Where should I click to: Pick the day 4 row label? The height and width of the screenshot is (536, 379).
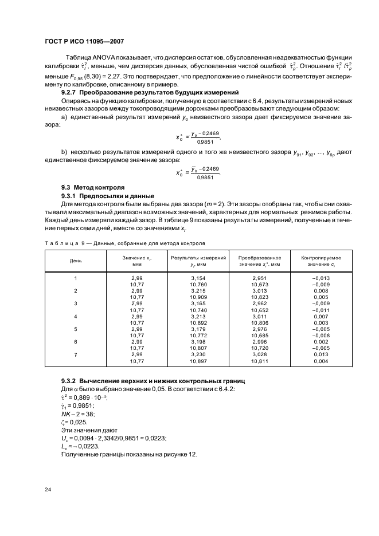point(76,316)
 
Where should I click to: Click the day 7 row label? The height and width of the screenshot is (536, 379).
point(76,355)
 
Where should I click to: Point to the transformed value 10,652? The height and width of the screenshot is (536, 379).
point(259,310)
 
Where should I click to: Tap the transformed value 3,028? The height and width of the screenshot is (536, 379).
point(259,355)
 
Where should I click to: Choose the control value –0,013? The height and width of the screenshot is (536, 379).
point(321,278)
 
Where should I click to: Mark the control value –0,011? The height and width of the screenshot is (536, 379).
point(321,310)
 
